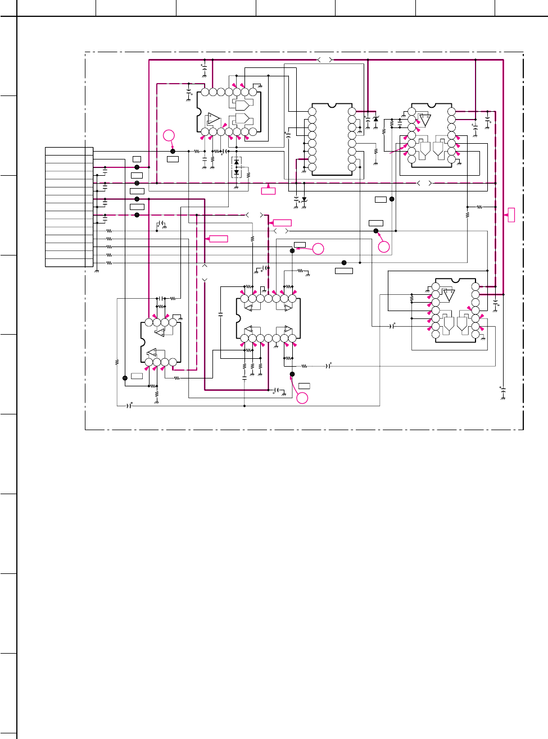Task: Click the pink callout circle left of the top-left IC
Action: [x=169, y=135]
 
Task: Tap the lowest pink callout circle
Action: [x=302, y=398]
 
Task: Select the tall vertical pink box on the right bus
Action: [x=511, y=215]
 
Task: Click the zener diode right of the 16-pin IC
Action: [x=375, y=119]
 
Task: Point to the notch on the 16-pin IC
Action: [x=332, y=105]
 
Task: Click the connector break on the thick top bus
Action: [x=325, y=60]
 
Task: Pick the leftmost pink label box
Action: [x=218, y=239]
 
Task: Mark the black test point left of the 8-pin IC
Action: [x=125, y=378]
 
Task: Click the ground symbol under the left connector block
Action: [x=97, y=271]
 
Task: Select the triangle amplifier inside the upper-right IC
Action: [x=425, y=120]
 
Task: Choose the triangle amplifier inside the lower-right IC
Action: [x=449, y=295]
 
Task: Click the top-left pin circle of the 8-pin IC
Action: [x=148, y=322]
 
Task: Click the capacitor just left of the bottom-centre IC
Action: [x=220, y=314]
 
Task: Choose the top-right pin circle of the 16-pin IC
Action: [x=352, y=111]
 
